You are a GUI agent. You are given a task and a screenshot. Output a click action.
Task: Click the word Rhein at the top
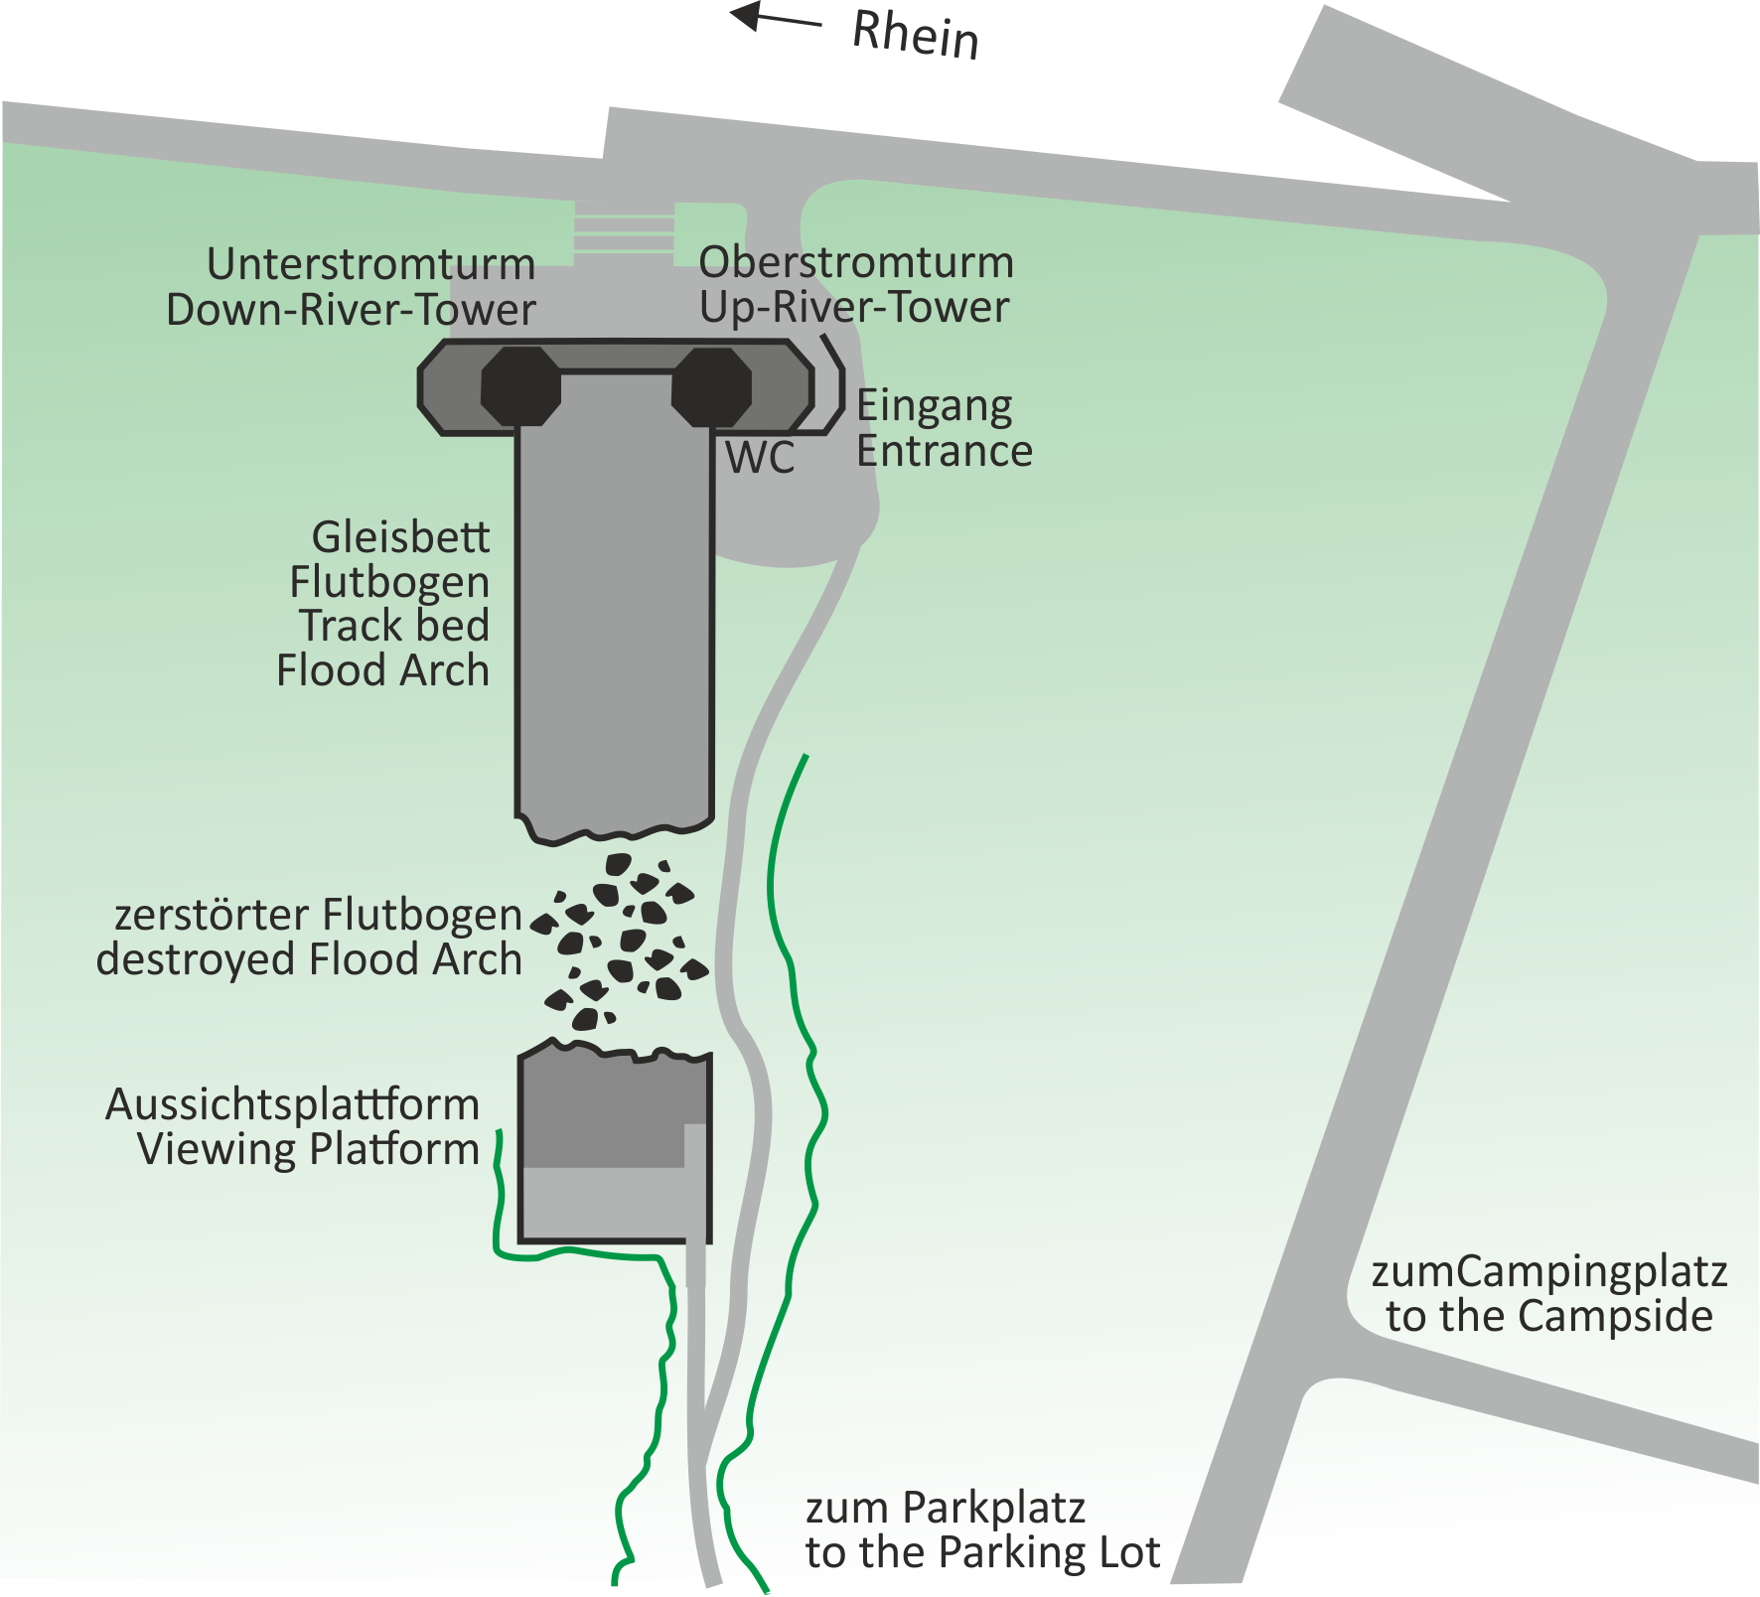click(x=915, y=35)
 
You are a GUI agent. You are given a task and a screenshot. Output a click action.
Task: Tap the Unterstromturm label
click(x=370, y=265)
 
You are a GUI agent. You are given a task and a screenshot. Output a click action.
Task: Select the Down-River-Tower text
click(x=351, y=310)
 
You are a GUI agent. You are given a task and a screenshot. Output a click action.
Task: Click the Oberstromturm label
click(x=856, y=263)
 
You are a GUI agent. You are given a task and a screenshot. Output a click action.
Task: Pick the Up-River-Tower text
click(x=854, y=307)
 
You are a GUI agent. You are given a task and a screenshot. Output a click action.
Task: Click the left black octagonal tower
click(x=520, y=386)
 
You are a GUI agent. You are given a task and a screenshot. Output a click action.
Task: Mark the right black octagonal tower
click(x=711, y=386)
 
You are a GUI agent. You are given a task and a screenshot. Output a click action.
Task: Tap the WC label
click(x=760, y=459)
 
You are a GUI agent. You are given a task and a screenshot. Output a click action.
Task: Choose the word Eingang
click(x=935, y=406)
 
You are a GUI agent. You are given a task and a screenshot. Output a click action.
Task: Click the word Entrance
click(x=945, y=452)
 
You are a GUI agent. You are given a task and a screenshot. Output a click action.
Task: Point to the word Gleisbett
click(x=400, y=537)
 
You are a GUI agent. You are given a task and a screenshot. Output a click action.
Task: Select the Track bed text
click(x=394, y=626)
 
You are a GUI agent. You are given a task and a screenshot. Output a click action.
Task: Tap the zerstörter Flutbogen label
click(x=318, y=915)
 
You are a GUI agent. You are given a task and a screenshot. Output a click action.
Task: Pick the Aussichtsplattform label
click(x=292, y=1104)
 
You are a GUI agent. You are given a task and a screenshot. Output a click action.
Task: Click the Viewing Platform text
click(x=308, y=1149)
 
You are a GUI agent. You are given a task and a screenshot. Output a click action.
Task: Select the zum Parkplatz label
click(x=945, y=1508)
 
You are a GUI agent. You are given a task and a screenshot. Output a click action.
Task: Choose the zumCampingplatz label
click(x=1548, y=1272)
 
